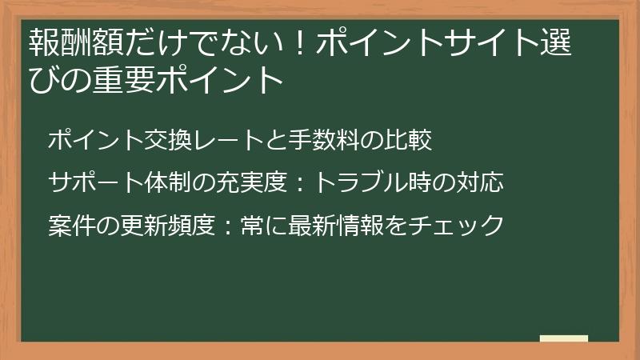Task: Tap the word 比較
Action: click(x=409, y=141)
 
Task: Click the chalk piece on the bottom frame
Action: click(x=564, y=338)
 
